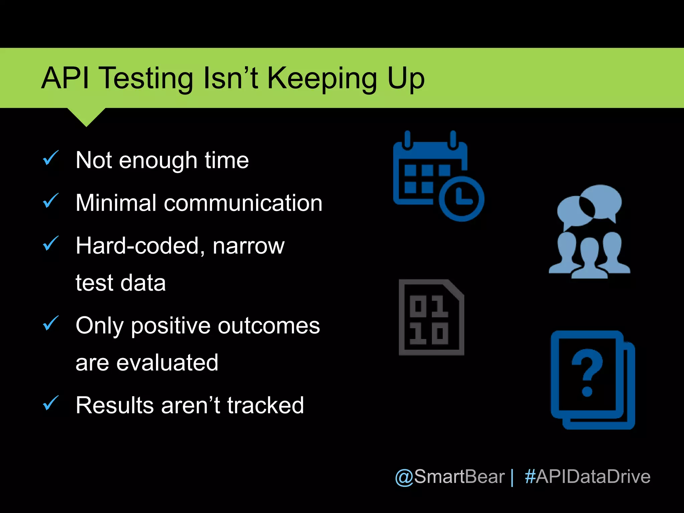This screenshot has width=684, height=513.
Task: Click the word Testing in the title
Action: pyautogui.click(x=147, y=79)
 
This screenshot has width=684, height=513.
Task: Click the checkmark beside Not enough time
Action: pyautogui.click(x=51, y=158)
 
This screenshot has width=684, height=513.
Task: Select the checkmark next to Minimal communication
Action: pyautogui.click(x=51, y=201)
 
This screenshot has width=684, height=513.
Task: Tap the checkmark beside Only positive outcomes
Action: pyautogui.click(x=51, y=323)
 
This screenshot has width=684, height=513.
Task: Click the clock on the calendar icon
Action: pyautogui.click(x=461, y=199)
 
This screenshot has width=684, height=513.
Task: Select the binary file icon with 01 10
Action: pyautogui.click(x=431, y=317)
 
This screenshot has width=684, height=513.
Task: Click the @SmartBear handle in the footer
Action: pyautogui.click(x=450, y=477)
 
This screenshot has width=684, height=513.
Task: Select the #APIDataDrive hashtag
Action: pyautogui.click(x=587, y=477)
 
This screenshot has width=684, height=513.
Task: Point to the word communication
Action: pyautogui.click(x=243, y=203)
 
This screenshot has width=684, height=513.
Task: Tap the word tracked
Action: pyautogui.click(x=266, y=405)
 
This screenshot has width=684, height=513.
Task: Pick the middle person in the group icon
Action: pyautogui.click(x=589, y=259)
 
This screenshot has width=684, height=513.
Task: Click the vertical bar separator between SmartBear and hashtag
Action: pyautogui.click(x=512, y=478)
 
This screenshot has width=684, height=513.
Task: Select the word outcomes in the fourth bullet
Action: pyautogui.click(x=269, y=326)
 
